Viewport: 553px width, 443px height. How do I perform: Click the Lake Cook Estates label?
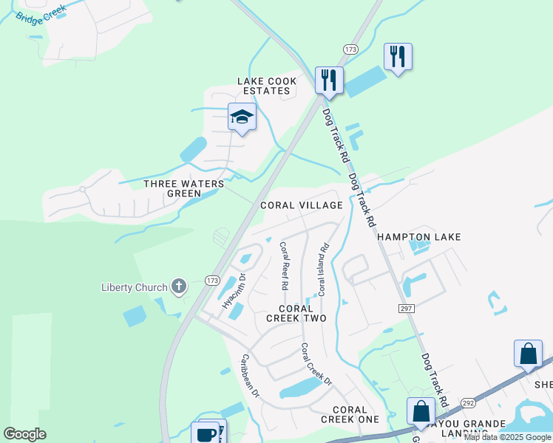click(x=267, y=86)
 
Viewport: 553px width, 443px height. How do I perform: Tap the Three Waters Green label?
click(x=172, y=188)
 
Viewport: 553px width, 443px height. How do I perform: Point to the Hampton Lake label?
click(x=419, y=237)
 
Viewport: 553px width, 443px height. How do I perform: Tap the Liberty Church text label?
click(x=134, y=286)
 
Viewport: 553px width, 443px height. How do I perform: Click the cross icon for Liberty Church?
click(x=178, y=286)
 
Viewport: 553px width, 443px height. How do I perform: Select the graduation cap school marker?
click(x=241, y=117)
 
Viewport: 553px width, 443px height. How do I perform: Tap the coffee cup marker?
click(x=205, y=433)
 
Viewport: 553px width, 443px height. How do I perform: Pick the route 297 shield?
click(x=406, y=307)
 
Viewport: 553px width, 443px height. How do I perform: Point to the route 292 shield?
click(x=467, y=403)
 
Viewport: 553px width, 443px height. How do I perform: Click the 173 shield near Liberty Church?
click(x=213, y=280)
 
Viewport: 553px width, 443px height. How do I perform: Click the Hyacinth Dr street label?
click(x=234, y=291)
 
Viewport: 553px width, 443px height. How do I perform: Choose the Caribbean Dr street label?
click(x=250, y=376)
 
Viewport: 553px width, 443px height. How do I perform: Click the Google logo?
click(x=24, y=434)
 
